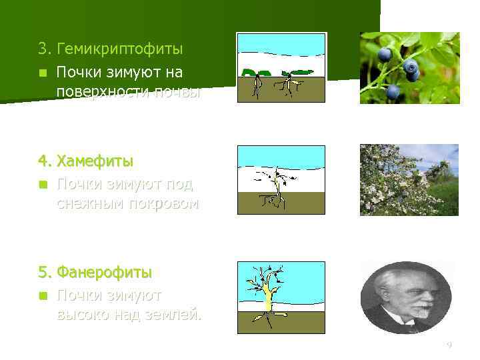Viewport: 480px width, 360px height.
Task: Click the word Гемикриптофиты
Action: [x=120, y=49]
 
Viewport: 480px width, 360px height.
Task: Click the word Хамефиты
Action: [x=95, y=161]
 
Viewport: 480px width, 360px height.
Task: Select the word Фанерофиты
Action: [x=104, y=273]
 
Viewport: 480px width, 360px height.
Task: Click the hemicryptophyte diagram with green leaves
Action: [x=281, y=67]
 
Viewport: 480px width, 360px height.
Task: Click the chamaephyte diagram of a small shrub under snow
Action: [x=281, y=179]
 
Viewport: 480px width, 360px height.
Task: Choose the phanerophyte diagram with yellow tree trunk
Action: [x=281, y=297]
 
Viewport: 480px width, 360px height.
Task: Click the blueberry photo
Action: [x=409, y=68]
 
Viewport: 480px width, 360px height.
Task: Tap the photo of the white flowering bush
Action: [x=409, y=180]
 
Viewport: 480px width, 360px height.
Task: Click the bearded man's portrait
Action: [x=406, y=297]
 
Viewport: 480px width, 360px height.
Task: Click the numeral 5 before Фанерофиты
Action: [x=43, y=273]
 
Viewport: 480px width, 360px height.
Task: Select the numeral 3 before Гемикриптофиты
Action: [x=43, y=49]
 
